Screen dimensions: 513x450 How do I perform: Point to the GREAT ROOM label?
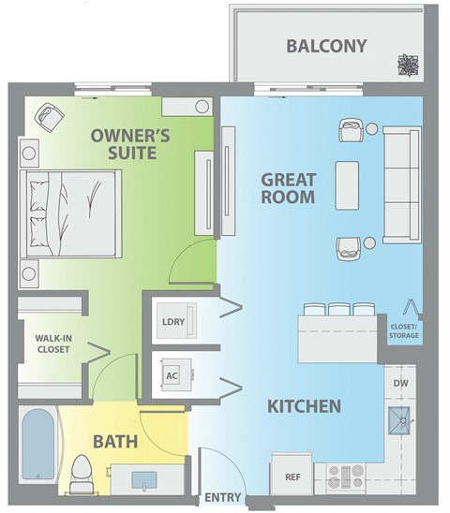click(x=288, y=188)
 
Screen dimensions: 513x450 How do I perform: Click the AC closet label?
click(x=172, y=376)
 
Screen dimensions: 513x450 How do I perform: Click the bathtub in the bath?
click(x=37, y=449)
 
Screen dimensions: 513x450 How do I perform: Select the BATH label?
click(x=115, y=441)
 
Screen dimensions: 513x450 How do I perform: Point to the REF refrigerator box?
click(x=292, y=476)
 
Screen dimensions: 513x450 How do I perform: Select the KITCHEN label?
click(x=304, y=407)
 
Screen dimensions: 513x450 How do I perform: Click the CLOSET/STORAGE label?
click(x=404, y=330)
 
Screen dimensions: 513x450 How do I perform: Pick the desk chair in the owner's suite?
click(x=49, y=118)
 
